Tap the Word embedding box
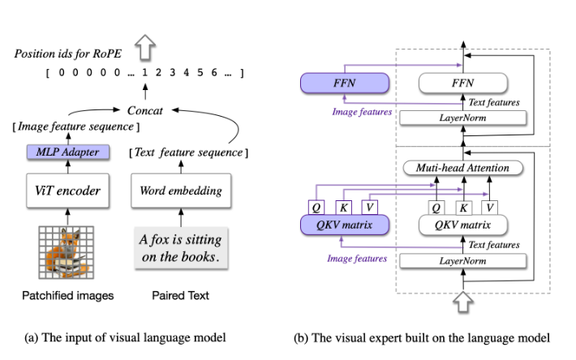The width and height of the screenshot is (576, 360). [181, 191]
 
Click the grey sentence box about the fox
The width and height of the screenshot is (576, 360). [180, 250]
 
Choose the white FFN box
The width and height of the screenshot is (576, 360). [462, 83]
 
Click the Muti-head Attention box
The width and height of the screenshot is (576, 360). [462, 168]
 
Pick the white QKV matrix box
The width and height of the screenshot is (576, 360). [462, 224]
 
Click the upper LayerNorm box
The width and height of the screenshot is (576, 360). [462, 119]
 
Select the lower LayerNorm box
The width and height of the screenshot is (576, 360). [462, 260]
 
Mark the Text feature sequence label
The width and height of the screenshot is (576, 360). [188, 152]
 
